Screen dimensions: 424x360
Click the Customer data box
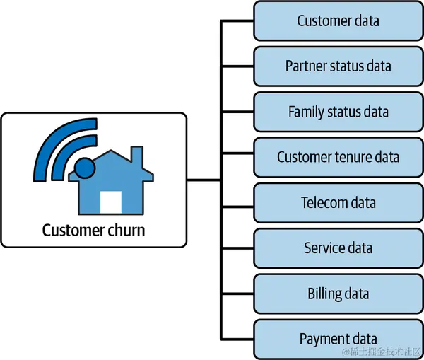[x=338, y=21]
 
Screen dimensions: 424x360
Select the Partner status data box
[x=338, y=66]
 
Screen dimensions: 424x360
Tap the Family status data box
[x=338, y=112]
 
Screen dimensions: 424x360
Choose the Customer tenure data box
[x=338, y=157]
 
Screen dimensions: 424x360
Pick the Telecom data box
[x=338, y=203]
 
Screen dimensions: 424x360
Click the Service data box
[x=338, y=248]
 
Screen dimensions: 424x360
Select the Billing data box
[x=338, y=294]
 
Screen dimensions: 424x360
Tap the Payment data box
[x=338, y=339]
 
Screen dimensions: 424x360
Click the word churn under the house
[x=126, y=231]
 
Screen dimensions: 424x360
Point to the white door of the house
[x=111, y=202]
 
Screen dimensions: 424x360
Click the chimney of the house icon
[x=137, y=155]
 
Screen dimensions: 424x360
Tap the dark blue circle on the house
[x=85, y=168]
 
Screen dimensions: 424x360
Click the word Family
[x=306, y=112]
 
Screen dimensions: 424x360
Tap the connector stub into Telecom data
[x=237, y=207]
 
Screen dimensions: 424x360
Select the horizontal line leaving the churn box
[x=204, y=180]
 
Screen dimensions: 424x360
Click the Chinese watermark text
[x=382, y=352]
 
